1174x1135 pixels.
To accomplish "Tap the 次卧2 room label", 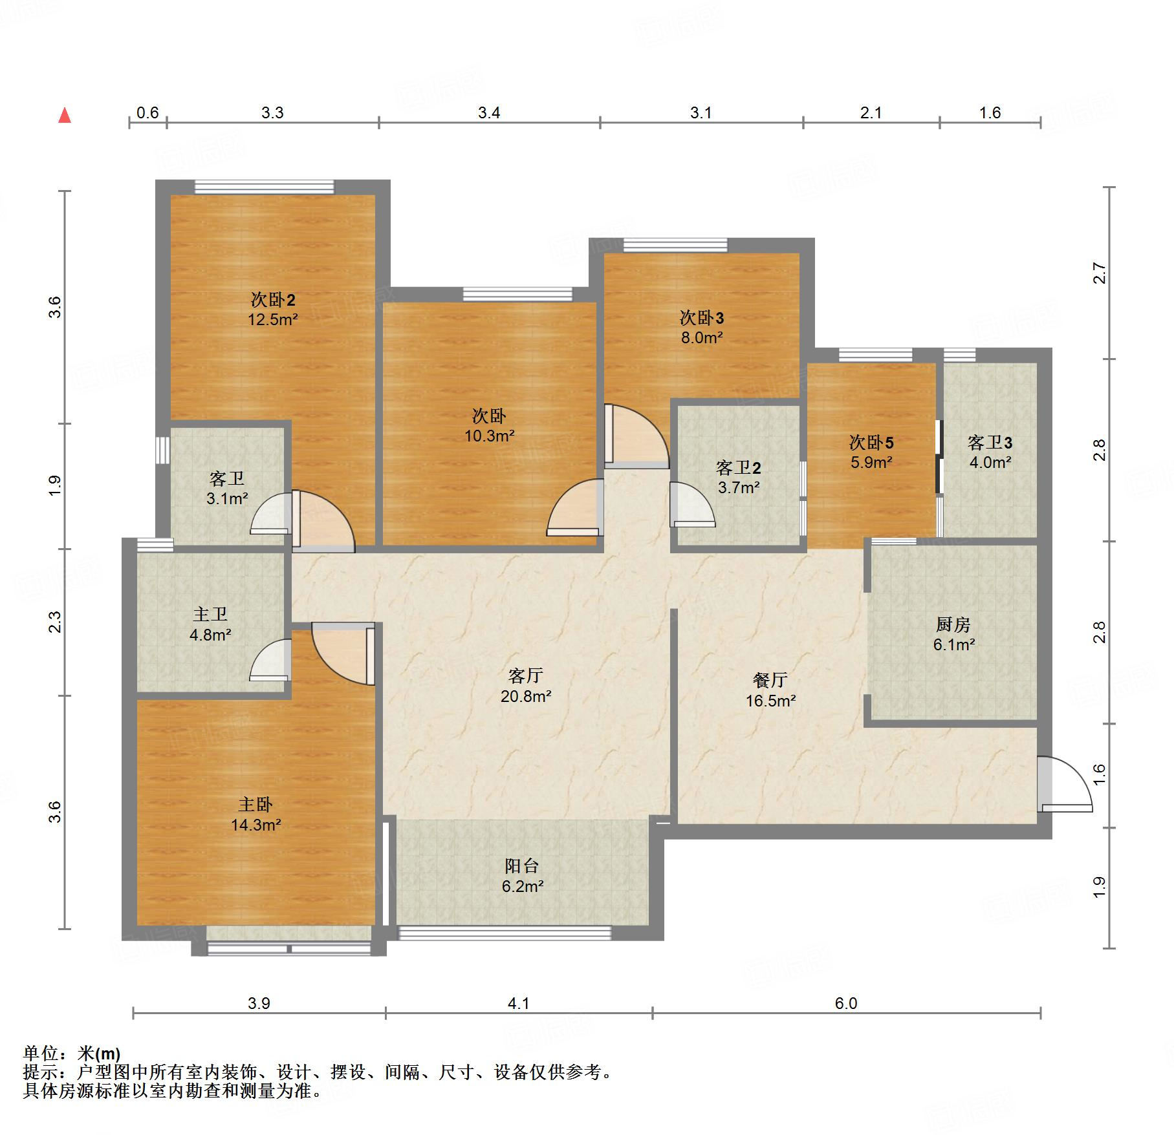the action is point(273,300).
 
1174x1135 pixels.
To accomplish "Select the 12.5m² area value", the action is point(273,319).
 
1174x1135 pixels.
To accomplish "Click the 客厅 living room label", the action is point(525,675).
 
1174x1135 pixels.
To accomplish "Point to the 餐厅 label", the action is point(770,680).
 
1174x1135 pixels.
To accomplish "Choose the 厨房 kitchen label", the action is point(953,624).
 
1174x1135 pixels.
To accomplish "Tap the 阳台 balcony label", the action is point(522,866).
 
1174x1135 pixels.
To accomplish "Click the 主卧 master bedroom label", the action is point(255,805).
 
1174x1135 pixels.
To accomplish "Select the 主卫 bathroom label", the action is point(210,615).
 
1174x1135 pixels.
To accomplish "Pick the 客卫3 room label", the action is point(990,443).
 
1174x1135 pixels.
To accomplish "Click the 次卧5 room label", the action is point(871,443).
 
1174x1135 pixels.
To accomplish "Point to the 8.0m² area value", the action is point(702,337).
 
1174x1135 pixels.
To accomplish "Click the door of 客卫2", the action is point(693,505).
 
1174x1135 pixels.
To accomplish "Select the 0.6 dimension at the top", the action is point(147,113).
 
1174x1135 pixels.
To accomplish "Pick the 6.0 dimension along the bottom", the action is point(846,1004).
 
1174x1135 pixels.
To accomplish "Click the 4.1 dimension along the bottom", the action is point(519,1004).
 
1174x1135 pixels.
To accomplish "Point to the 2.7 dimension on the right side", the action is point(1100,273).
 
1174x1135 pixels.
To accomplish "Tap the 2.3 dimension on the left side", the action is point(55,622).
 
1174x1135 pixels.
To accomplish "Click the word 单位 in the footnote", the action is point(41,1054).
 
